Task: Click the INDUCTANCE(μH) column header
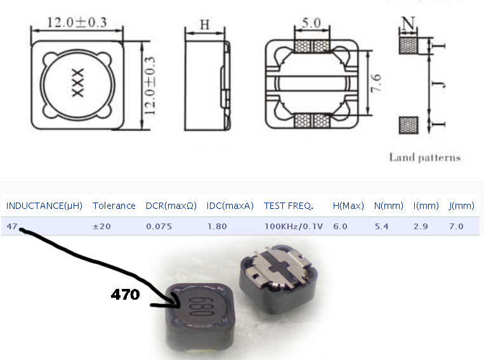[x=44, y=206]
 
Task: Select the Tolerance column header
[x=114, y=206]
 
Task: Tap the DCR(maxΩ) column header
[x=171, y=206]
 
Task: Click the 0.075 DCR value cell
[x=159, y=226]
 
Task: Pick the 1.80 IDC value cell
[x=217, y=226]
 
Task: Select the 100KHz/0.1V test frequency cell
[x=294, y=226]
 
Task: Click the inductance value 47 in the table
[x=12, y=226]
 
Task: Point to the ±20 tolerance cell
[x=101, y=226]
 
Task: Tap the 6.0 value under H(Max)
[x=340, y=226]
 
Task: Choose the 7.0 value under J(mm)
[x=456, y=226]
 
